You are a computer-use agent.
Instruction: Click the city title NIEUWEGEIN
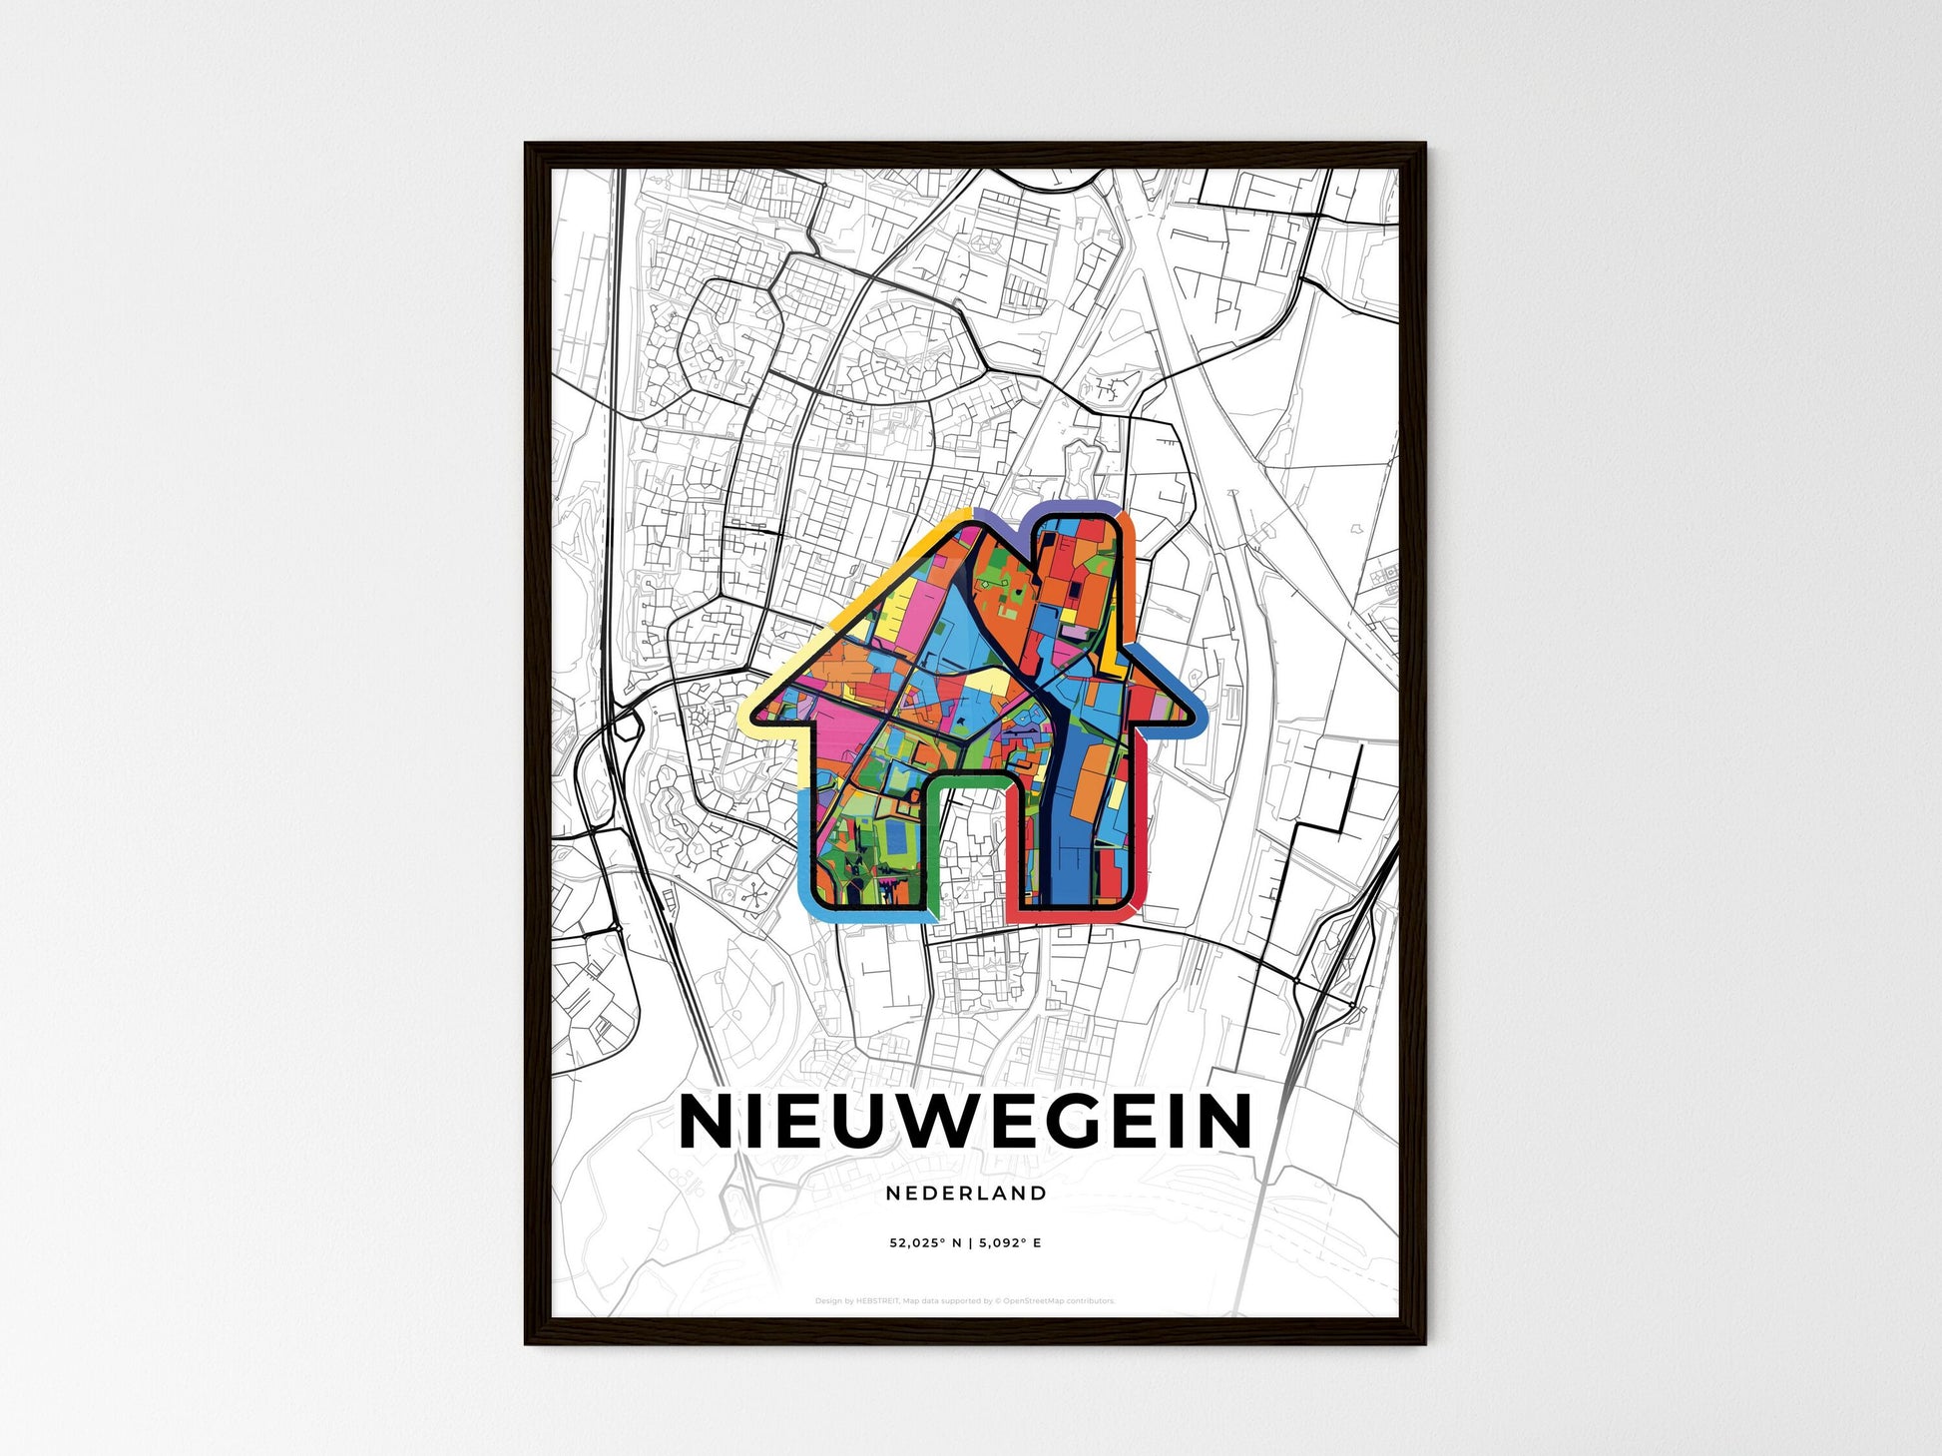point(965,1122)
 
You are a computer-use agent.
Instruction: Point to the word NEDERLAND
point(965,1194)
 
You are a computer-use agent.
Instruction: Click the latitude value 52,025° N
point(926,1243)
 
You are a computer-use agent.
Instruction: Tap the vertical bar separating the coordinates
point(969,1243)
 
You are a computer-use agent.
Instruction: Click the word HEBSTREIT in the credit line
point(877,1301)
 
